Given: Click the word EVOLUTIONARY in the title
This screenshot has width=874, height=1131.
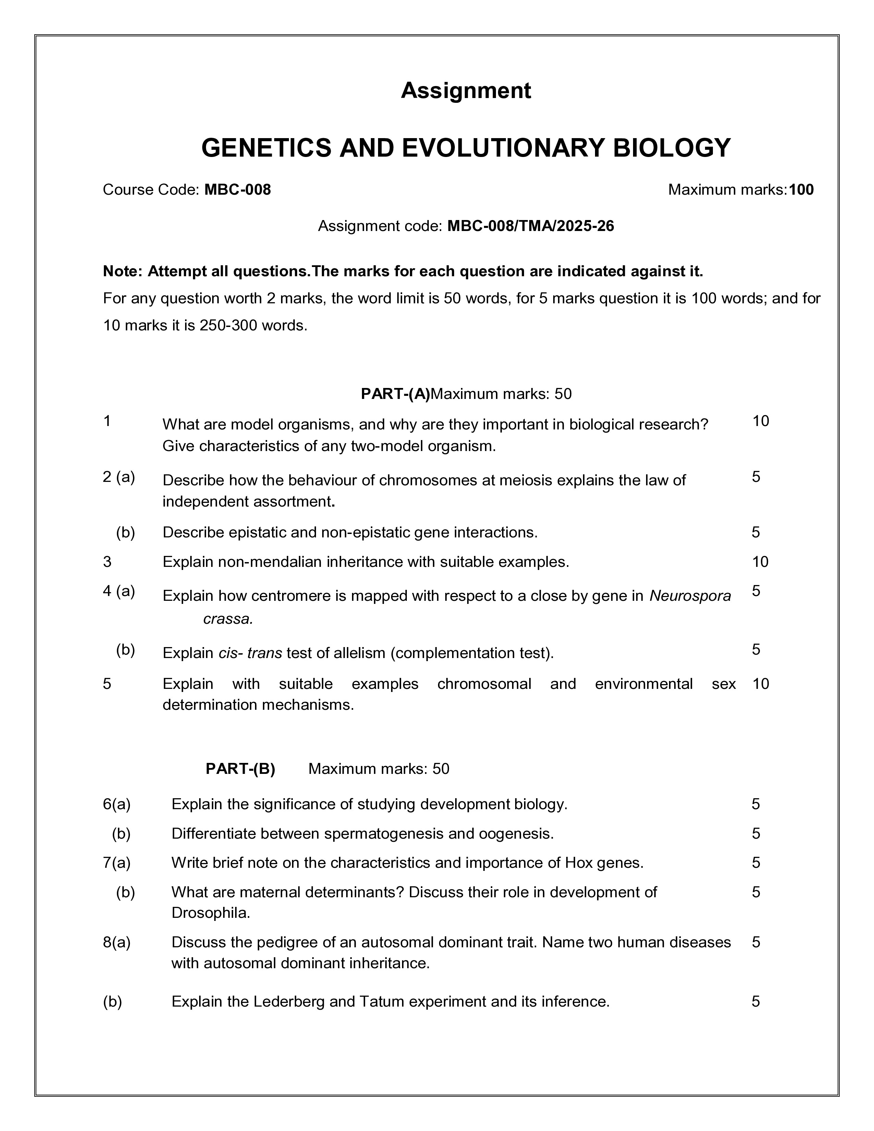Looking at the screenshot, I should point(502,148).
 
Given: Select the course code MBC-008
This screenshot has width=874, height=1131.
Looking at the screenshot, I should point(238,190).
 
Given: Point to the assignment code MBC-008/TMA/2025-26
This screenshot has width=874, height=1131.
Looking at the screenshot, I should point(531,226).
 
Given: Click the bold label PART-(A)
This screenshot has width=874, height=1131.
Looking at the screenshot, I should point(395,394).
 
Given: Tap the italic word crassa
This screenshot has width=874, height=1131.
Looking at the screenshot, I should point(228,619).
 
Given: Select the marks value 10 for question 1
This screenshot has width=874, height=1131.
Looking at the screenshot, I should point(761,421).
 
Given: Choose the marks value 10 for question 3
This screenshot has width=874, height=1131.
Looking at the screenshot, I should point(760,562).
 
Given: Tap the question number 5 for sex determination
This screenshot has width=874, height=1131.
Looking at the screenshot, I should point(107,684).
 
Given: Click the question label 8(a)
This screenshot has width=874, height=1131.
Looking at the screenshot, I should point(117,942).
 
